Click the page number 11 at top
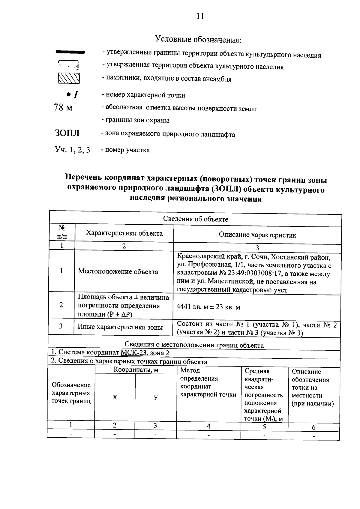tap(200, 16)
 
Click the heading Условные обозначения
tap(198, 39)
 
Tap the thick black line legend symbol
tap(70, 52)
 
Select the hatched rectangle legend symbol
tap(69, 78)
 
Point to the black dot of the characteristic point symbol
tap(68, 94)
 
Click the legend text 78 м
tap(63, 107)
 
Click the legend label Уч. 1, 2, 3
tap(72, 150)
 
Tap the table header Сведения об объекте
tap(196, 219)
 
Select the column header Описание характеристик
tap(257, 235)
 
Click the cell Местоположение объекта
tap(118, 272)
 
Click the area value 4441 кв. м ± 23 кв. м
tap(208, 307)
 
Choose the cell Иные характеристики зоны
tap(120, 327)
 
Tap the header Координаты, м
tap(136, 370)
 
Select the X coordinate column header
tap(115, 397)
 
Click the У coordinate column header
tap(156, 397)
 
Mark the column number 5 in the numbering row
tap(264, 427)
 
